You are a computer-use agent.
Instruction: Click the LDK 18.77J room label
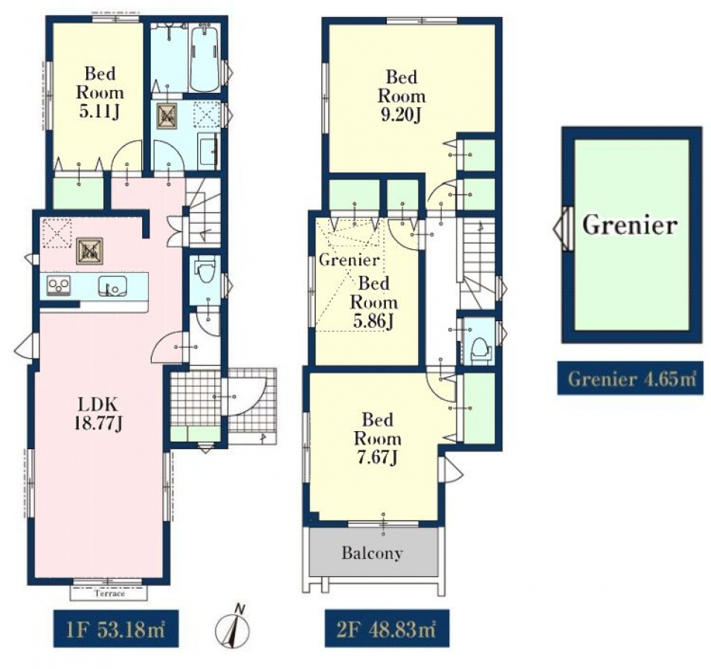(98, 413)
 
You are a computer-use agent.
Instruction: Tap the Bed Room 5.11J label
(100, 93)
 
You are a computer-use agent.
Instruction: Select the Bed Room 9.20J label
(402, 97)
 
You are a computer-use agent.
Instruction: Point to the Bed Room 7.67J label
(377, 439)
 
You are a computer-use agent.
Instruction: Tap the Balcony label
(373, 554)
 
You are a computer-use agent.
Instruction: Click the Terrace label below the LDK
(109, 593)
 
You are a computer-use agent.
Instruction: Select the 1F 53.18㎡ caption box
(115, 629)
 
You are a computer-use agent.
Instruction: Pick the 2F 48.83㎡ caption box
(387, 629)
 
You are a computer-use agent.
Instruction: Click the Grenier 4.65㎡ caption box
(630, 378)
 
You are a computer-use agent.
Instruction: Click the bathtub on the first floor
(205, 59)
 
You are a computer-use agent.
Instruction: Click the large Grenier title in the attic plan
(630, 224)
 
